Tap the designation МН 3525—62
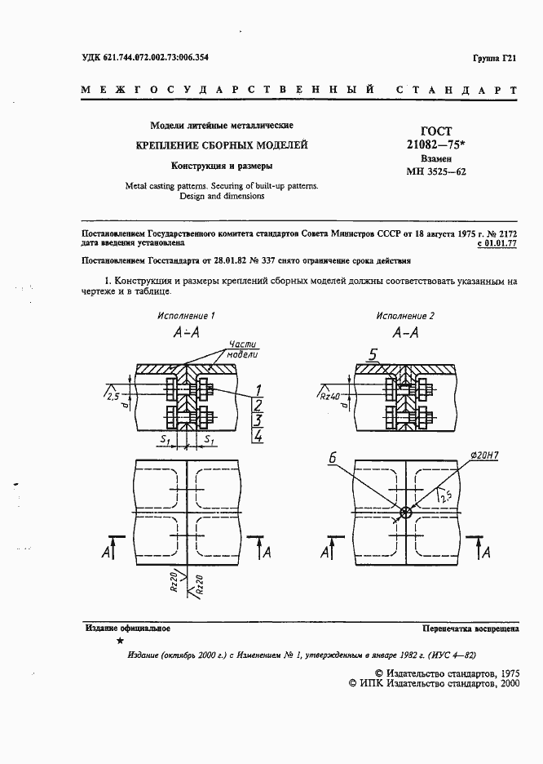436,172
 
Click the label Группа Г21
494,58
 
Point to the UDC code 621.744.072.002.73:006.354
144,57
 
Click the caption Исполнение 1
187,315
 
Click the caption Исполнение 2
405,315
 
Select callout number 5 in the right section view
373,354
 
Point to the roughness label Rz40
330,396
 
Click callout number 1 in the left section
258,389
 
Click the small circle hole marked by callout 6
405,513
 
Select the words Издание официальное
127,629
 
